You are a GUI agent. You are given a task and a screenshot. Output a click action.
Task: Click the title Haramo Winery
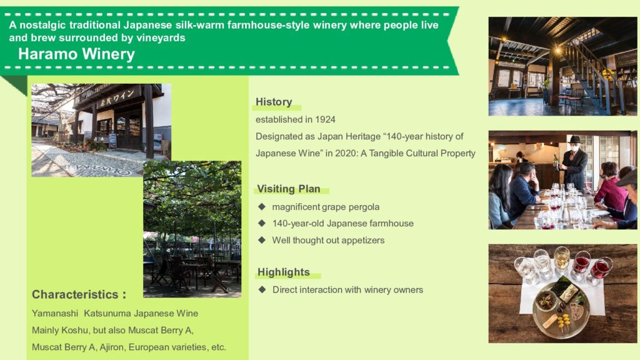(x=76, y=54)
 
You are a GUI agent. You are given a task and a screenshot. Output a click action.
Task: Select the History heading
(x=274, y=102)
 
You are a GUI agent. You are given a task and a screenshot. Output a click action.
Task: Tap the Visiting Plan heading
(x=289, y=189)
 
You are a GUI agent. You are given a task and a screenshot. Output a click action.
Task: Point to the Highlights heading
(x=284, y=272)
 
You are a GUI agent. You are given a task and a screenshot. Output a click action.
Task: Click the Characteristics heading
(x=79, y=294)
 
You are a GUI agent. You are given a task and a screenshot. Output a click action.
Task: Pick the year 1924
(x=325, y=119)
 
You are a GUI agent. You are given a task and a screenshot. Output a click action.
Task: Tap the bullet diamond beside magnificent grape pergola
(x=262, y=206)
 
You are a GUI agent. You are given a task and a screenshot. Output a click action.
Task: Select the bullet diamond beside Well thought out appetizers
(x=262, y=240)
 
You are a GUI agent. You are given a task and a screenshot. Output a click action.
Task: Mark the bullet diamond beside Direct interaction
(x=262, y=289)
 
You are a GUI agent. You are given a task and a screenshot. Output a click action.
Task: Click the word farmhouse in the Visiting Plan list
(x=392, y=223)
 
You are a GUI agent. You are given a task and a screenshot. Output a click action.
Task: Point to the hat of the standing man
(x=575, y=139)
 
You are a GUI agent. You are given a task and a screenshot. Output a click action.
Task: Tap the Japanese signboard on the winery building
(x=117, y=98)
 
